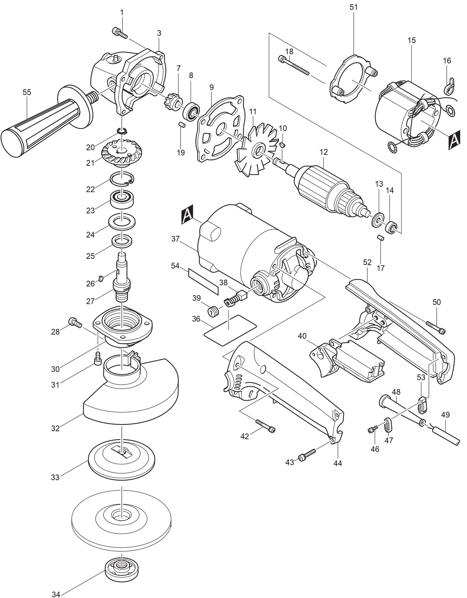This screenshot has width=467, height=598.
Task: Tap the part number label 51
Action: tap(353, 7)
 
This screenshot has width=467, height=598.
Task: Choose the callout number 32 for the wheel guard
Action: tap(55, 428)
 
